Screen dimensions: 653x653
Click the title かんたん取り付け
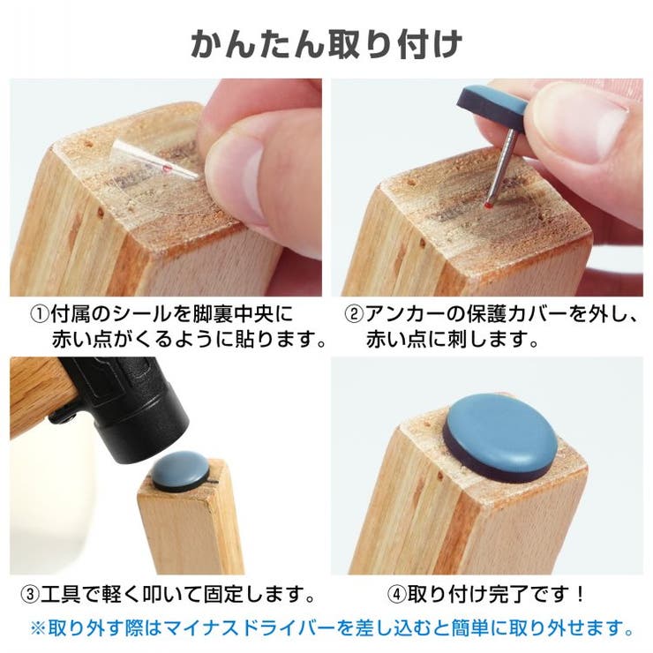(326, 44)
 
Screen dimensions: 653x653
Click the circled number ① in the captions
(40, 314)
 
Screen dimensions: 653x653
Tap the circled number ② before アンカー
(355, 314)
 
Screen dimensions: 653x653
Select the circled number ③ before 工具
(30, 594)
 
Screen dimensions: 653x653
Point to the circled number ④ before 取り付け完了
(397, 594)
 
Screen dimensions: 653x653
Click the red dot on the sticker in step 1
(167, 169)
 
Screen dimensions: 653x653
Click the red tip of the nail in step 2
(488, 205)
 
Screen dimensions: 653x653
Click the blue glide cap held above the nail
(492, 107)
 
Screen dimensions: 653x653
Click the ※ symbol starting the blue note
(38, 628)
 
